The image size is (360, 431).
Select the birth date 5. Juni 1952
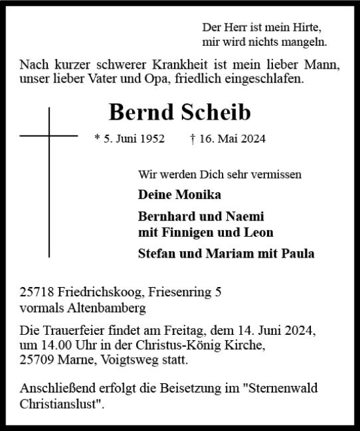pos(130,139)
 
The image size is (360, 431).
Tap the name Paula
pos(297,254)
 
